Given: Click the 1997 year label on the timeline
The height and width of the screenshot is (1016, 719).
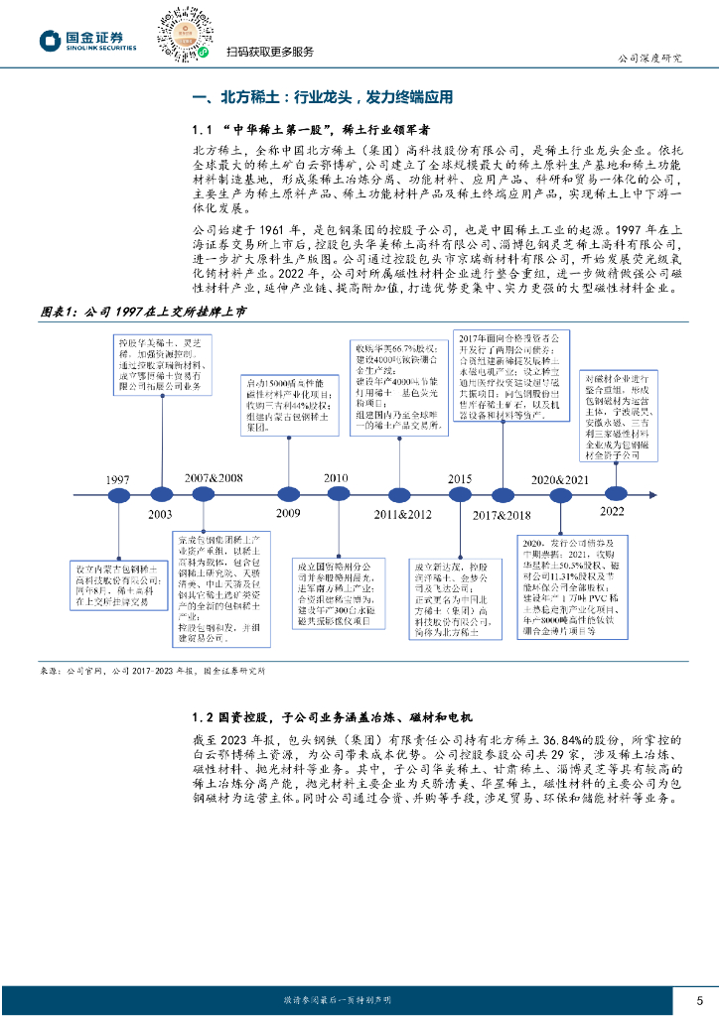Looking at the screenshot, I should (x=118, y=479).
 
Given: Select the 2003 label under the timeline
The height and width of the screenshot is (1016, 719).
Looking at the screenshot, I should (x=160, y=516).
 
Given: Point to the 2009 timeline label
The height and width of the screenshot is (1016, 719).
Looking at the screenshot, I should (x=287, y=513).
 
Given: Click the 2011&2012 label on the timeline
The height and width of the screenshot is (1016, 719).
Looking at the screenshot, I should (x=402, y=514).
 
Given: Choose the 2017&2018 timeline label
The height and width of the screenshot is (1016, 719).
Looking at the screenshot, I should (x=503, y=515).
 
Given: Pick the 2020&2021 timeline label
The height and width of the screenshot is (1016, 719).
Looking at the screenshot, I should (x=559, y=479).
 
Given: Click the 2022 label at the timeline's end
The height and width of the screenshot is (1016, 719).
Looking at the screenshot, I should (x=612, y=510).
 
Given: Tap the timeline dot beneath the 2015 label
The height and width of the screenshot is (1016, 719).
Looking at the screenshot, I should (x=459, y=493).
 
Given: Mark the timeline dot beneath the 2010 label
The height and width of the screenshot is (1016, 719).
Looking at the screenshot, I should (x=335, y=493).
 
